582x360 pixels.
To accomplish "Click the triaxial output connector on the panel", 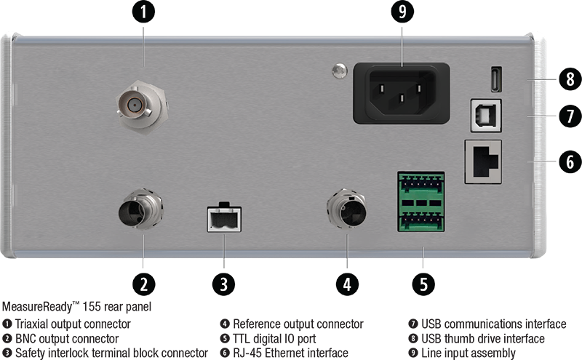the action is (141, 106).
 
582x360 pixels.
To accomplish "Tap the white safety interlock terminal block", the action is (224, 218).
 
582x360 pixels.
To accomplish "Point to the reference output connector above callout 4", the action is (347, 209).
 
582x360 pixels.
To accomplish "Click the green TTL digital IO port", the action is (421, 202).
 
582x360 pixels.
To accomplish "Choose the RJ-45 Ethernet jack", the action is (483, 161).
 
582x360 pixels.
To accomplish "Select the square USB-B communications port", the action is (486, 116).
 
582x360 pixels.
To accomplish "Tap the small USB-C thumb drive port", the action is (496, 79).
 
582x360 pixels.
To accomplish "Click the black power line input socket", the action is (402, 93).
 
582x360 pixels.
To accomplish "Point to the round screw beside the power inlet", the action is (339, 71).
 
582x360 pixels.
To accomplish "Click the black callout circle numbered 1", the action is (143, 12).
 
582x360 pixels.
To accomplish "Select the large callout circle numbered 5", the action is (423, 284).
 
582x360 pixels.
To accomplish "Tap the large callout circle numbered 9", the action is (403, 11).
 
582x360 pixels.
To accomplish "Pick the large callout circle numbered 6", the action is (570, 161).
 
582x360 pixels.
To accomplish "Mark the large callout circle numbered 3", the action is (224, 284).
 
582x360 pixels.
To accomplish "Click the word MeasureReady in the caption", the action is (37, 307).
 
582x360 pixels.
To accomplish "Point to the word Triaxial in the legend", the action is (31, 324).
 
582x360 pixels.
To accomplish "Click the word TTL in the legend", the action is (242, 338).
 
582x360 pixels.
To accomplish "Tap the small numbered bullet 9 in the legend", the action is (413, 353).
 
